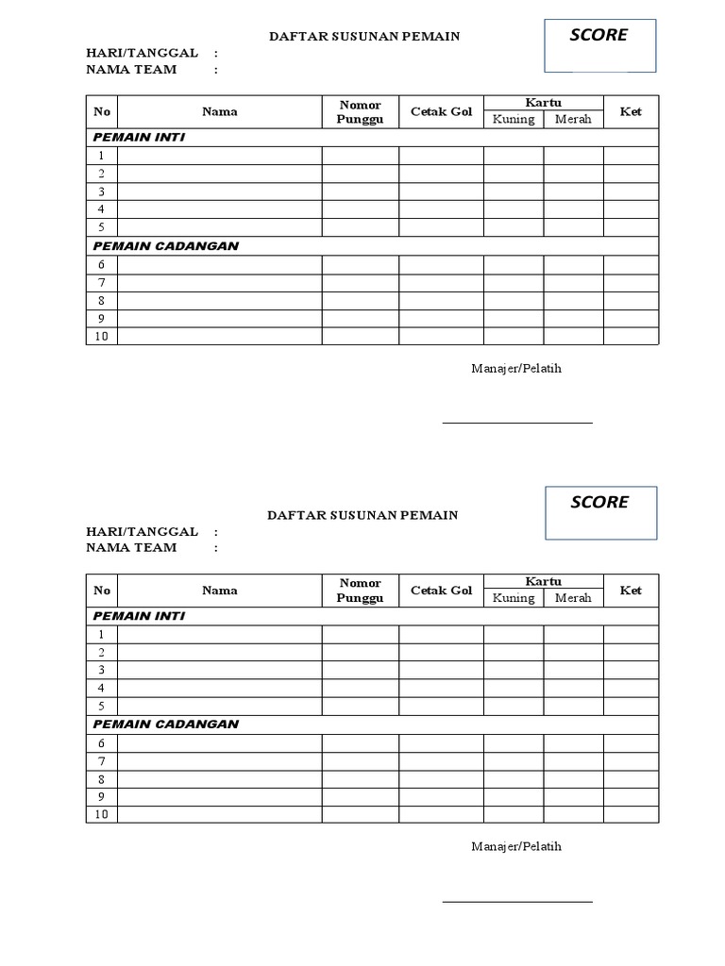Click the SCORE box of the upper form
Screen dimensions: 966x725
(x=599, y=45)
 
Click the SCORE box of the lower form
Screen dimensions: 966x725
(x=599, y=513)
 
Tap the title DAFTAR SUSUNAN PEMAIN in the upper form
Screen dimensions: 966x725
(x=364, y=36)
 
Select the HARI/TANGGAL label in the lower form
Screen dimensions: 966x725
(x=142, y=532)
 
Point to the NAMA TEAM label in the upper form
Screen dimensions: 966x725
(x=131, y=70)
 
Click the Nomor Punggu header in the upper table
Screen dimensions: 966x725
(x=360, y=112)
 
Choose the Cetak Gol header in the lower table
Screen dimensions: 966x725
(x=441, y=591)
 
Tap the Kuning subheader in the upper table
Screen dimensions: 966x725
(x=514, y=120)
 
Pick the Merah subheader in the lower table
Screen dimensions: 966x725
(x=573, y=598)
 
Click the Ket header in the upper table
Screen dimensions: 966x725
(x=631, y=111)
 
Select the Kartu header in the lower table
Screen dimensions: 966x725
(x=543, y=582)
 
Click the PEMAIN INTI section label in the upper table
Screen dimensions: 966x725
(x=139, y=138)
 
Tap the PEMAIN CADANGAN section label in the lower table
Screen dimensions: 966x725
(x=165, y=724)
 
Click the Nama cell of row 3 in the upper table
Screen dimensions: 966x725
(x=219, y=192)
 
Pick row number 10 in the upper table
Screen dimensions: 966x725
(x=101, y=337)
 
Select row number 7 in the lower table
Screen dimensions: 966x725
(x=101, y=761)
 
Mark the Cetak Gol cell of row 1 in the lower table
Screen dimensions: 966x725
(x=441, y=634)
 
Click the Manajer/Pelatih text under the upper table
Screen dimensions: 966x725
(x=516, y=368)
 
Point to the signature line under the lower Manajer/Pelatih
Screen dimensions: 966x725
(x=517, y=902)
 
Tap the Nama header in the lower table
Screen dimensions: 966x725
(x=219, y=591)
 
